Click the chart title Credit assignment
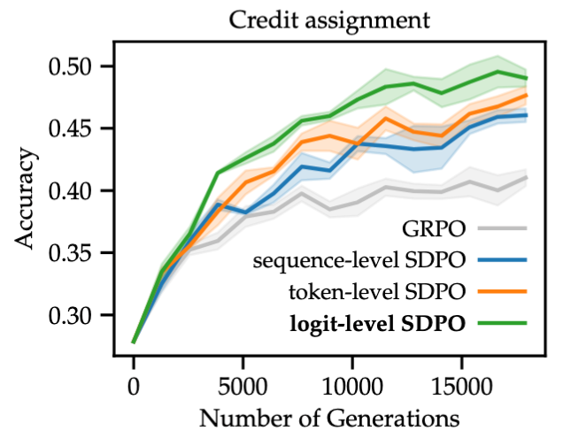(x=332, y=19)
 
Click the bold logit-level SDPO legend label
(x=378, y=323)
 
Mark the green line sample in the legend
(x=503, y=323)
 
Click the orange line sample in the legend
(x=503, y=290)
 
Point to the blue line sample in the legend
(x=503, y=259)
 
